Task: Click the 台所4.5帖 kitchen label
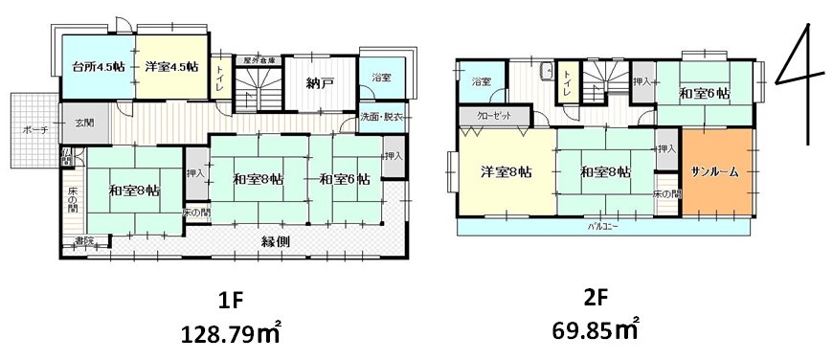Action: [98, 67]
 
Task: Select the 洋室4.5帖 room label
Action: [171, 67]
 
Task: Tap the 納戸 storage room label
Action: [320, 83]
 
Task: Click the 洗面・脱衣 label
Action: [381, 117]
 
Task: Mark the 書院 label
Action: [85, 240]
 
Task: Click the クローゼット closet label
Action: [493, 116]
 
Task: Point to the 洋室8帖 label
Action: [506, 171]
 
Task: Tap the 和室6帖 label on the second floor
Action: [705, 94]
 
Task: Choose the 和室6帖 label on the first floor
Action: [344, 179]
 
